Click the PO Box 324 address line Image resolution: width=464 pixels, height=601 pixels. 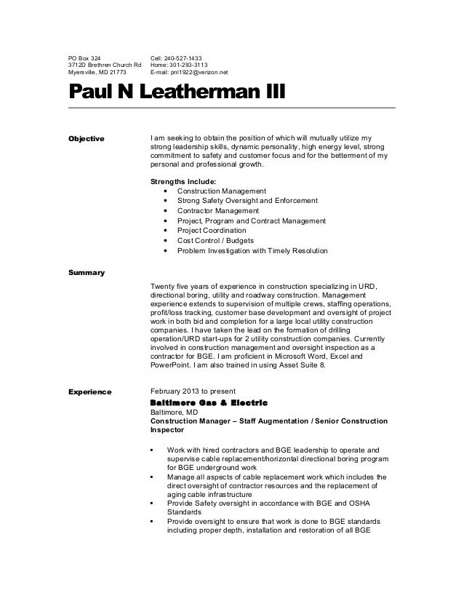point(85,57)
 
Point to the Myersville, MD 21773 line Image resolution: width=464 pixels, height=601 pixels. point(97,73)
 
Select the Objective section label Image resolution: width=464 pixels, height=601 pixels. point(86,138)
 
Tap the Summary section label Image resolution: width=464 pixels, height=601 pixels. point(87,273)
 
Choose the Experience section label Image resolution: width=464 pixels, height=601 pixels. point(89,391)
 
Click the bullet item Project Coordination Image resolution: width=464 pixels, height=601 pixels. point(206,231)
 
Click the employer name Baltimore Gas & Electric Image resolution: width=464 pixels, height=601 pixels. point(208,402)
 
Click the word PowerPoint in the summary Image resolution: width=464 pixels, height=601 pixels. point(170,365)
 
